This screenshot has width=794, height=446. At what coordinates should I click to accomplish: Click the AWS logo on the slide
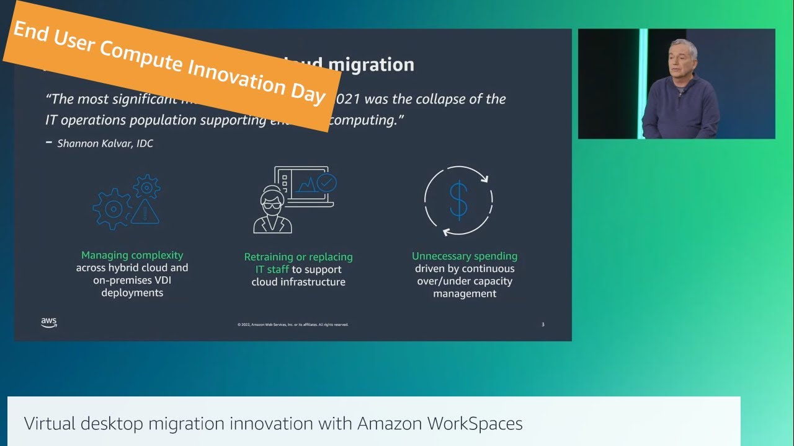point(49,323)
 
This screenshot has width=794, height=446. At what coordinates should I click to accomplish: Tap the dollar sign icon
point(458,200)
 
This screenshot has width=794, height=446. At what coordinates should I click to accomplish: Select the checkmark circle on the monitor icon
point(326,182)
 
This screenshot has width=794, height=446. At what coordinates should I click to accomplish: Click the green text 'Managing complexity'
point(132,255)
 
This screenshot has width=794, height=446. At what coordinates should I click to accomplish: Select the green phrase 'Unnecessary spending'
point(465,256)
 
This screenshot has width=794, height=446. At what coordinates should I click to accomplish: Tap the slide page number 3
point(543,325)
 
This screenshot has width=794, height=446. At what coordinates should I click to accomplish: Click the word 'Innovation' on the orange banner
point(235,76)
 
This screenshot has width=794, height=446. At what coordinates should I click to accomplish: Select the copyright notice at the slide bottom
point(293,325)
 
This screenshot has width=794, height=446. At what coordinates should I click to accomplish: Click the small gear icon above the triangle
point(147,186)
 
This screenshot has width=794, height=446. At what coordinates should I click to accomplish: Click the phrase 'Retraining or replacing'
point(298,256)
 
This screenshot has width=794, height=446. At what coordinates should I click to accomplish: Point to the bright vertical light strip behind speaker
point(643,83)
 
